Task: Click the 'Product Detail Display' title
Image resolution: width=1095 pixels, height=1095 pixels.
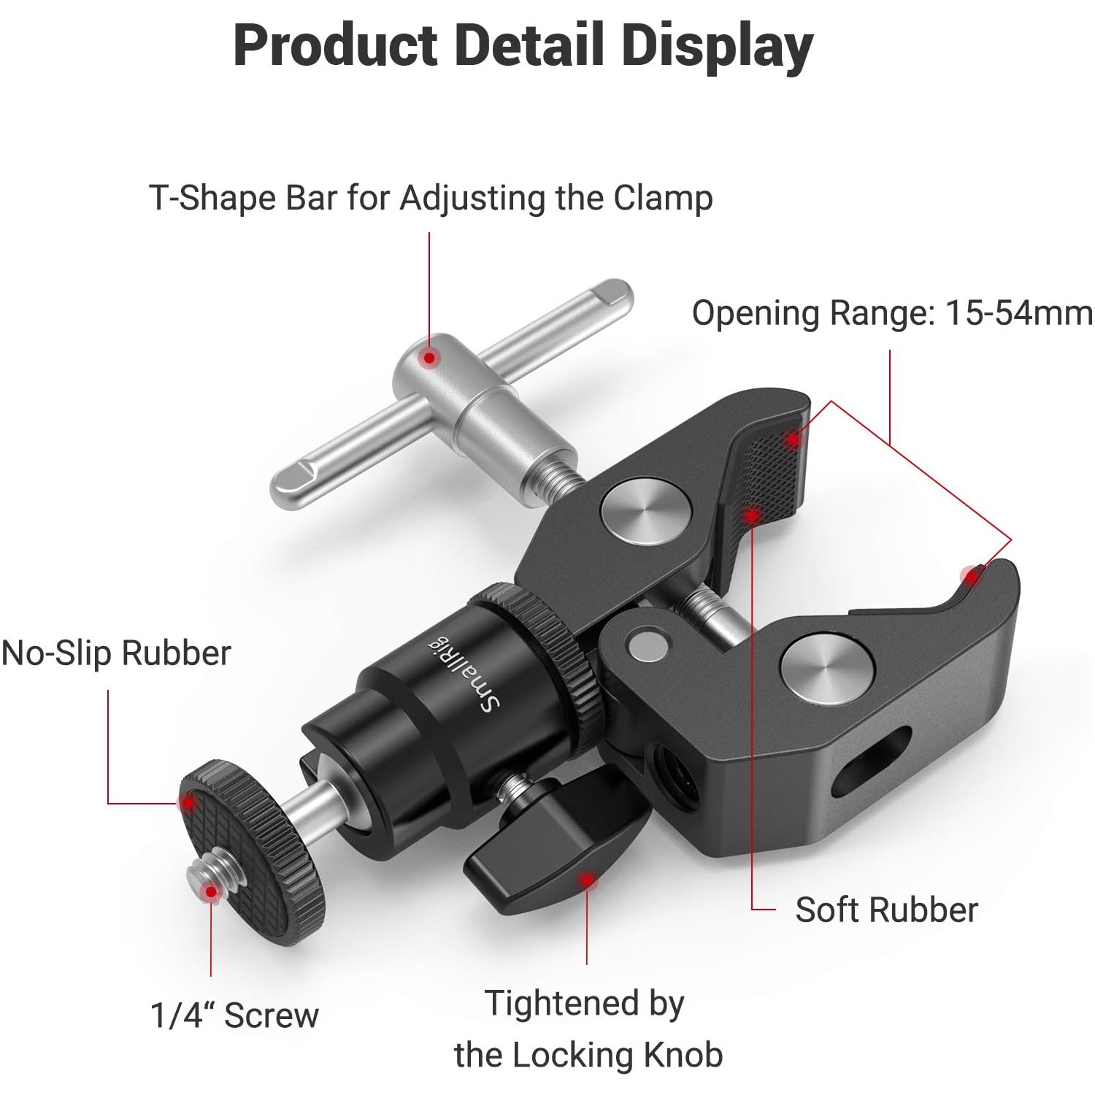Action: [523, 45]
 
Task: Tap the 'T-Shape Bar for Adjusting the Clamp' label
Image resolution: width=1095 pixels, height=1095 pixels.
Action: [431, 198]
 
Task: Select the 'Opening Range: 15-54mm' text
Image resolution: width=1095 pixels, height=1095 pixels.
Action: [892, 313]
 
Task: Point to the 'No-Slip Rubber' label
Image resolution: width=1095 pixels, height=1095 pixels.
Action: [116, 653]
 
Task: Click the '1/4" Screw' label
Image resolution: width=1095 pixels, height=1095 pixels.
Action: [234, 1015]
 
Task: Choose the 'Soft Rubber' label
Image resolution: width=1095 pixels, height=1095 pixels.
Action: [886, 910]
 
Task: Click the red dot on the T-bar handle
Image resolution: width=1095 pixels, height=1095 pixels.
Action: [431, 358]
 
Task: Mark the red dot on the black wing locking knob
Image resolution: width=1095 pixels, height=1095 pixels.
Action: [586, 880]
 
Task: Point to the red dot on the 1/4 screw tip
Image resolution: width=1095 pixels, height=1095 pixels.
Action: [211, 891]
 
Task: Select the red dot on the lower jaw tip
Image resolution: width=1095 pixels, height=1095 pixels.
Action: [972, 577]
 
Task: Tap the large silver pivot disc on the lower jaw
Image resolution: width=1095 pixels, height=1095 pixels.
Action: [826, 669]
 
